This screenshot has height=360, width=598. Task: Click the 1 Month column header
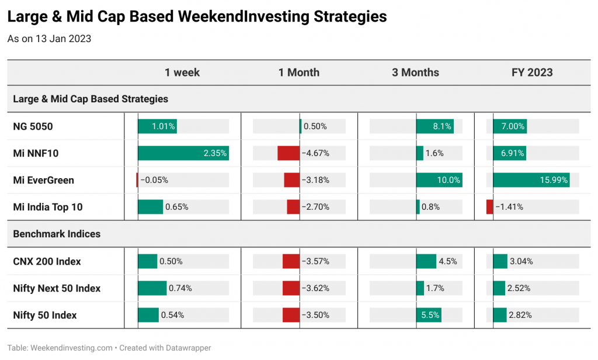tap(298, 72)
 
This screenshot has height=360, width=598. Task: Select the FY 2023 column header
tap(532, 72)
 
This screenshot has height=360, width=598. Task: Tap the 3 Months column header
tap(415, 72)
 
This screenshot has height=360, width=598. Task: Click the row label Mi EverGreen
tap(43, 180)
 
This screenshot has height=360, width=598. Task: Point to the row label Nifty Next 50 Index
tap(57, 288)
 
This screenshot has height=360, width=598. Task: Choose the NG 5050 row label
tap(33, 126)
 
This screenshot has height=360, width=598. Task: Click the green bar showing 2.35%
tap(183, 153)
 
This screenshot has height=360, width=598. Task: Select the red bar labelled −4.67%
tap(288, 153)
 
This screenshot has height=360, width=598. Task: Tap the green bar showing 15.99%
tap(531, 180)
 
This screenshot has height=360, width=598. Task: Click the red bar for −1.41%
tap(490, 207)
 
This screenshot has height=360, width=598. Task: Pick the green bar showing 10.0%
tap(439, 180)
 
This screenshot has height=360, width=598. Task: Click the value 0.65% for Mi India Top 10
tap(176, 207)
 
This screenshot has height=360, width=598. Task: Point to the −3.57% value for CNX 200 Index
tap(315, 261)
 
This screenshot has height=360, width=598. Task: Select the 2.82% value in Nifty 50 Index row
tap(520, 316)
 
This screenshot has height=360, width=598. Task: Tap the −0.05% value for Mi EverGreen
tap(154, 180)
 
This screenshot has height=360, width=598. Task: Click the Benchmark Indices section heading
tap(57, 234)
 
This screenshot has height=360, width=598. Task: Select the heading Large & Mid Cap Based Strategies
tap(91, 99)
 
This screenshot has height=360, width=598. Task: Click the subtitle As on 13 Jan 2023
tap(49, 39)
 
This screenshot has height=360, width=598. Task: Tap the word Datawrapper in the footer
tap(189, 348)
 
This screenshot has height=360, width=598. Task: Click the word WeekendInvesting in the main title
tap(244, 17)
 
